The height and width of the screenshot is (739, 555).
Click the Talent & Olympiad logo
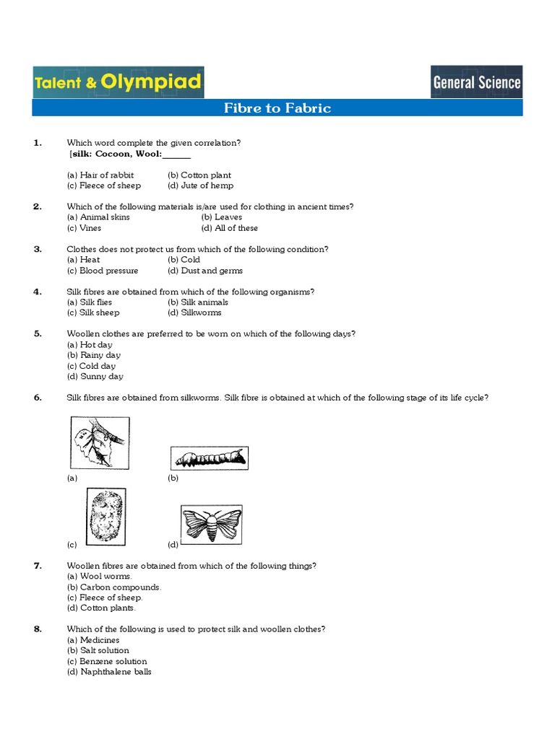[x=118, y=82]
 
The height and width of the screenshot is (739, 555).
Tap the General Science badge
[x=476, y=82]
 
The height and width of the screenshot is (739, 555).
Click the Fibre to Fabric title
[x=277, y=108]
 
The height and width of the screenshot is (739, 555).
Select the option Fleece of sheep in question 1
[x=104, y=185]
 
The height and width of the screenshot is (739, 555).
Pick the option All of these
[x=229, y=228]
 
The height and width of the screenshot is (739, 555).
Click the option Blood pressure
[x=103, y=271]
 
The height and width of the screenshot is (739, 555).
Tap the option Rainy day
[x=94, y=355]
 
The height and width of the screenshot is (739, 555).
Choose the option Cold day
[x=92, y=366]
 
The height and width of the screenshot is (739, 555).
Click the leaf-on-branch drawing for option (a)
[x=99, y=443]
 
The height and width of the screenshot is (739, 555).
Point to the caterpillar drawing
[x=209, y=458]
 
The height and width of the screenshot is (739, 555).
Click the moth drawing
[x=211, y=523]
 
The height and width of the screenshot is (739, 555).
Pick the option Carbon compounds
[x=114, y=587]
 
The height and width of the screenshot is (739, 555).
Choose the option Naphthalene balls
[x=109, y=672]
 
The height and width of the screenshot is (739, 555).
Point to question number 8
[x=38, y=629]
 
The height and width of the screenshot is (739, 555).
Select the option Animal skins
[x=98, y=217]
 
